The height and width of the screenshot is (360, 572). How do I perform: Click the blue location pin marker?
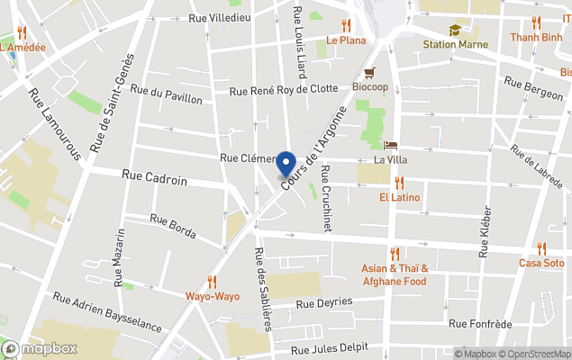point(286,164)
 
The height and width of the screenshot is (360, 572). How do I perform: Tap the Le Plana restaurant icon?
point(346,25)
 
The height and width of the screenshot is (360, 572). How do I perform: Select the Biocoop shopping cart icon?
point(369,73)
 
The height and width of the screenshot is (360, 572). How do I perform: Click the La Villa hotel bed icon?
point(390,145)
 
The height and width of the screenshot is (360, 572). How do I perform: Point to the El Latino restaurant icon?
point(399,183)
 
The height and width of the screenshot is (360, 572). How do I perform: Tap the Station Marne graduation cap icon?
point(455,30)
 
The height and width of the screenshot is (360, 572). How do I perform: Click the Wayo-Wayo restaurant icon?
point(212,281)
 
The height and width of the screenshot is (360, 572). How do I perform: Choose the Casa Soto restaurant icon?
point(541,248)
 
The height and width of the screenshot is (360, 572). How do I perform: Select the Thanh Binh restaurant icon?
point(536,22)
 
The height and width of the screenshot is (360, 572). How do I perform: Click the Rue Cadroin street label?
point(155,180)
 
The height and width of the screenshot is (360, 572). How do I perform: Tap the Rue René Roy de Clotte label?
point(284,89)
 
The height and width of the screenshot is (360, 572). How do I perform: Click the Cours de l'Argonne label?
point(313,148)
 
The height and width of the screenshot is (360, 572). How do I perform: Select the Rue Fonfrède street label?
point(480,323)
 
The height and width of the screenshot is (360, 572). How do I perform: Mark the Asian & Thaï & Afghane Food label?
point(395,274)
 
